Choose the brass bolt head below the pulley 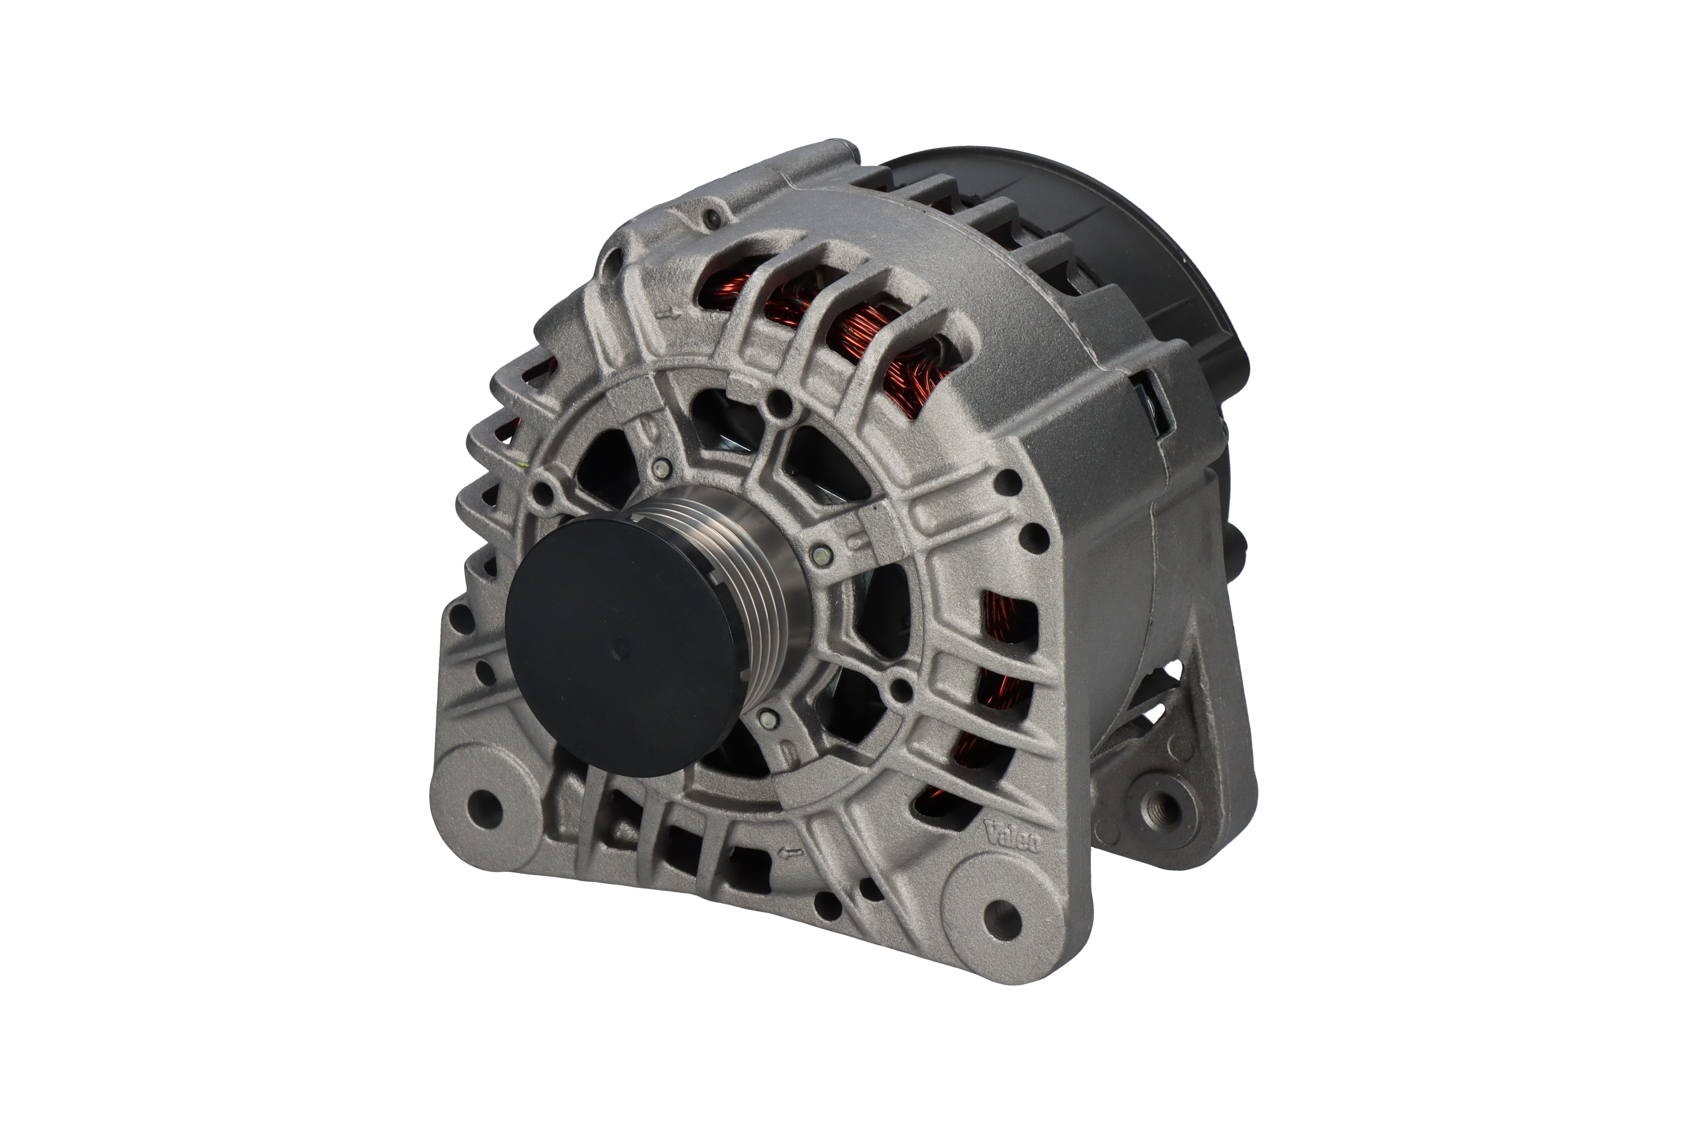[x=766, y=717]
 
